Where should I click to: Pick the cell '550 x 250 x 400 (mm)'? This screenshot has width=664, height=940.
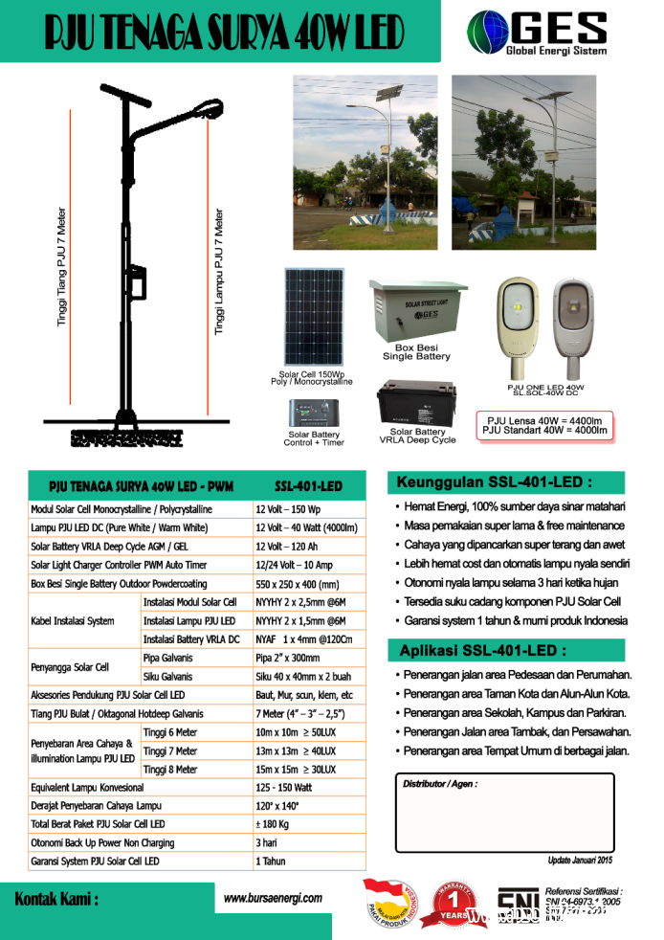pos(298,583)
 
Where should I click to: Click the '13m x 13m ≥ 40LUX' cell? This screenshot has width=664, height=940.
pos(296,751)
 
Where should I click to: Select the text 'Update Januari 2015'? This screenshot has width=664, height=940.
pos(580,861)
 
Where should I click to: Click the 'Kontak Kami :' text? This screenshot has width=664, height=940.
pos(56,900)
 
